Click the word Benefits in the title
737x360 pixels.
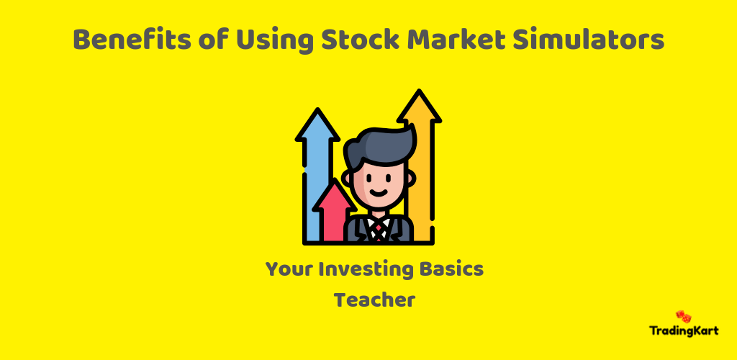coord(132,40)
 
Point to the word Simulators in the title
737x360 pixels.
coord(588,40)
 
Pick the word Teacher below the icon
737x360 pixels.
coord(374,300)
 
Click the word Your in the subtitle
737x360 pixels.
coord(288,269)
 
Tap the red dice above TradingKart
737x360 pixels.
coord(684,316)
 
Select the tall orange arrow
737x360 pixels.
coord(420,164)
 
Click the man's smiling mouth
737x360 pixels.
coord(379,193)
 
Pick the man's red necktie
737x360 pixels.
coord(379,230)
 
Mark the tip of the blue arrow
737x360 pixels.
coord(317,109)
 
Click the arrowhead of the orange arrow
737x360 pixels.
coord(419,106)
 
